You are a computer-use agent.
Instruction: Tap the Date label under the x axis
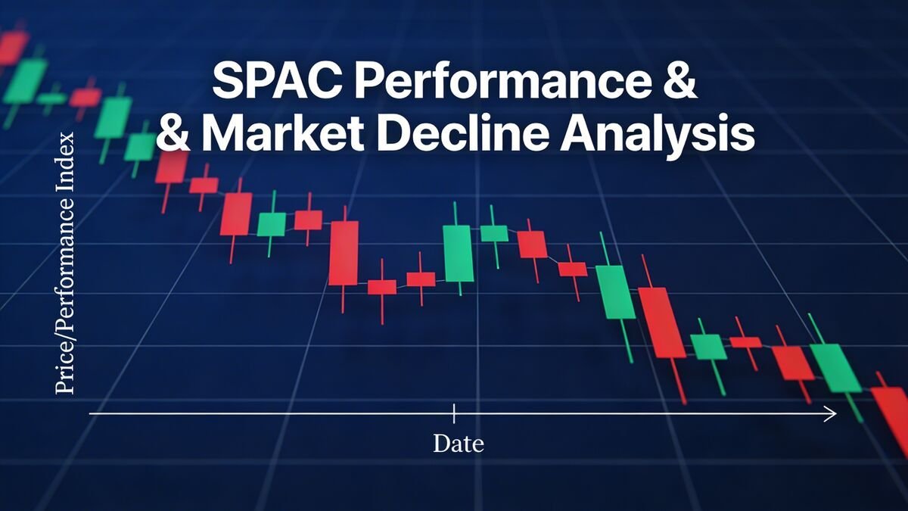[x=458, y=443]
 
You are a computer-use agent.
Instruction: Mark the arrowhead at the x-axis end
[x=830, y=413]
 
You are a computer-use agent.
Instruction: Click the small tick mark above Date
[x=453, y=413]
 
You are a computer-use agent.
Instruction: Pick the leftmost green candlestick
[x=25, y=80]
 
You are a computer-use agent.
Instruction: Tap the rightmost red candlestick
[x=891, y=413]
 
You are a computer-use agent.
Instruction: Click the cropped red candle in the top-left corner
[x=11, y=47]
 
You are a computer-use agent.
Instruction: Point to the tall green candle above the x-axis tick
[x=458, y=253]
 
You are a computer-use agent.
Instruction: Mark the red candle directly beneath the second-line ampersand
[x=171, y=167]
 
